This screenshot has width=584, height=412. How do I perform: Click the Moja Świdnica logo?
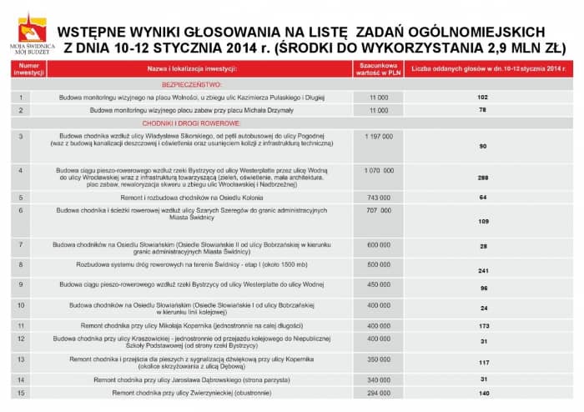point(31,33)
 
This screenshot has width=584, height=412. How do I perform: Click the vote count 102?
point(482,98)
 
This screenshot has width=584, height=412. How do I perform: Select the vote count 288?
point(482,178)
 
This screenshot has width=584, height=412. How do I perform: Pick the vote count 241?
point(482,271)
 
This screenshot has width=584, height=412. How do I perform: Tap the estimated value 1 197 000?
point(378,134)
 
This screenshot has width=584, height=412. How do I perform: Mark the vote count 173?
point(483,325)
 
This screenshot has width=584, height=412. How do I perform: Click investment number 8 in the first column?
point(21,264)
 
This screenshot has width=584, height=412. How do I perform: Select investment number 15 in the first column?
point(21,392)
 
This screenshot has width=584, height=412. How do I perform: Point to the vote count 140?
point(483,392)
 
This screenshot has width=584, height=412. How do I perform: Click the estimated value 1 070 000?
point(378,169)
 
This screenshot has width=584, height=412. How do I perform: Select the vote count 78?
point(482,109)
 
